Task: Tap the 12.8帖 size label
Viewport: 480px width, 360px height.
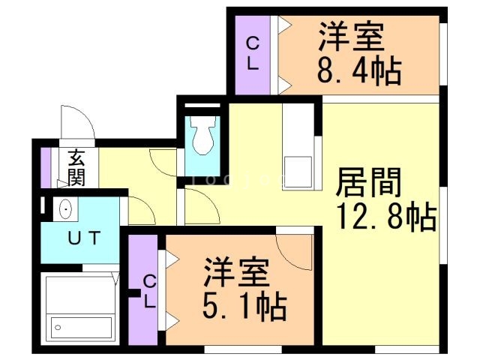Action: (387, 217)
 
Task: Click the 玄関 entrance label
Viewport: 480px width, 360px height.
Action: (76, 168)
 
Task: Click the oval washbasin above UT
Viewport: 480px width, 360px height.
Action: (64, 209)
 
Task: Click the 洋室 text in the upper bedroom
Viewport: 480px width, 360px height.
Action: (351, 38)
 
